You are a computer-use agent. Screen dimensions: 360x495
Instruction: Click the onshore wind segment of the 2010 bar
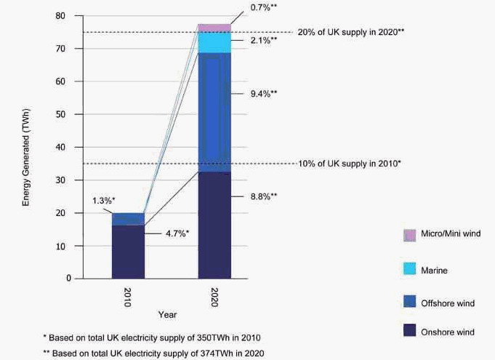128,252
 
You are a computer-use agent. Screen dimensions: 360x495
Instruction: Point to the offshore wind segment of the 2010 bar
128,219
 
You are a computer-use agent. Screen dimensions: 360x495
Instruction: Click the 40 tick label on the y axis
60,148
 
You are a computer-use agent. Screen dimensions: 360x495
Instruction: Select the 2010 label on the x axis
127,297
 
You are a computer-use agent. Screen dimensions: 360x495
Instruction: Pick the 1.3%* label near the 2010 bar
103,200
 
